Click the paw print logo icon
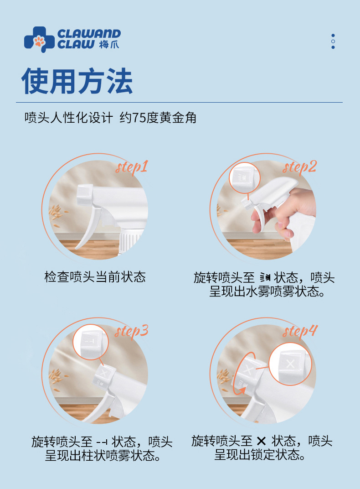pyautogui.click(x=39, y=40)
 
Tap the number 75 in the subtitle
pyautogui.click(x=138, y=118)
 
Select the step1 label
pyautogui.click(x=132, y=167)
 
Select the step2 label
pyautogui.click(x=299, y=167)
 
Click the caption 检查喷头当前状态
pyautogui.click(x=95, y=277)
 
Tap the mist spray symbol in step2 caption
pyautogui.click(x=265, y=277)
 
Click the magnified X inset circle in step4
pyautogui.click(x=290, y=364)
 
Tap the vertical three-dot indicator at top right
pyautogui.click(x=333, y=42)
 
